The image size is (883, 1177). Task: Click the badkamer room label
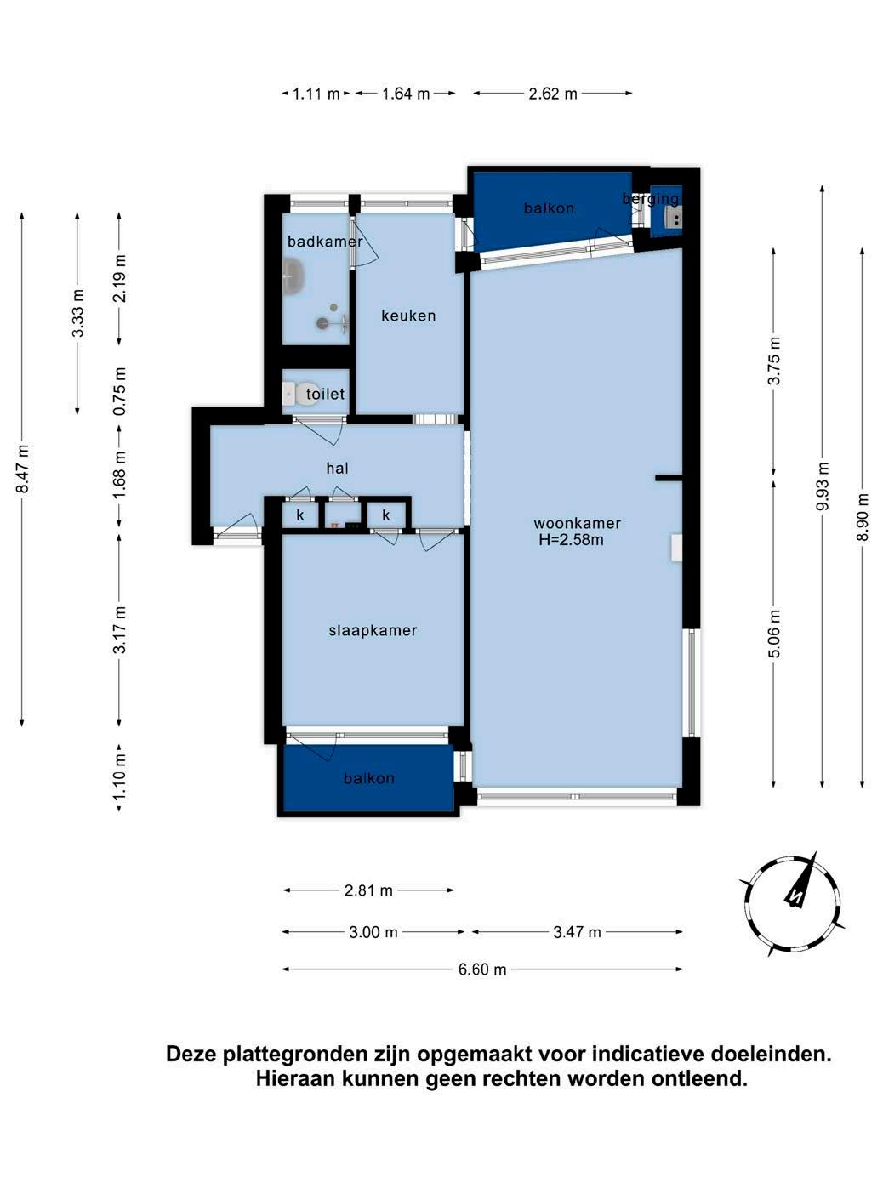click(x=325, y=242)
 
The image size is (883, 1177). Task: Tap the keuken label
click(x=408, y=316)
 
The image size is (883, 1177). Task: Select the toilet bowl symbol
click(x=298, y=394)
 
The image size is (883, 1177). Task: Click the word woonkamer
click(x=577, y=523)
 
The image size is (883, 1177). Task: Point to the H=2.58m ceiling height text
click(x=571, y=540)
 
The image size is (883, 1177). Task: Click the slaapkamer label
click(x=373, y=630)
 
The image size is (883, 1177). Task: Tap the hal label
click(x=337, y=468)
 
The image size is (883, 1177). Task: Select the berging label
click(x=650, y=199)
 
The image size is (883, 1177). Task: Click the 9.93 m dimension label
click(x=822, y=487)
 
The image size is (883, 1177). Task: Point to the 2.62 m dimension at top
click(x=553, y=94)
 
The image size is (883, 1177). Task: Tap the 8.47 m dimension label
click(x=22, y=469)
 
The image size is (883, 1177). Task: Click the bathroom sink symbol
click(x=293, y=276)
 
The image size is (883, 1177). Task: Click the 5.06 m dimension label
click(x=773, y=634)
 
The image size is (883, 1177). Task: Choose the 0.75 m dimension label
click(x=120, y=391)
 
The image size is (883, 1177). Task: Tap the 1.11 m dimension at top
click(x=316, y=94)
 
